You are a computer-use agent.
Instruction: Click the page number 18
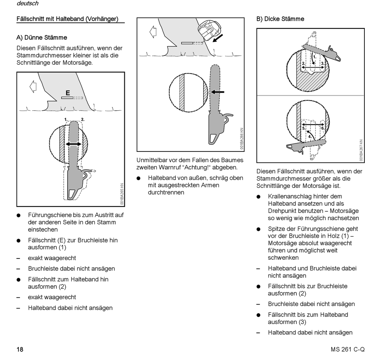point(20,350)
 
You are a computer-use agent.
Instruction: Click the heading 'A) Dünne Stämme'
point(42,38)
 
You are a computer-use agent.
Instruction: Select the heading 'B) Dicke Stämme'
point(280,19)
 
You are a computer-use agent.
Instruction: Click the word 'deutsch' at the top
point(28,4)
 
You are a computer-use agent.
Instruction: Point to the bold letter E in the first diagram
point(68,93)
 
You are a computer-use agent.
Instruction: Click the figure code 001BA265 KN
point(122,193)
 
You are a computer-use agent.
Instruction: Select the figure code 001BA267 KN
point(360,150)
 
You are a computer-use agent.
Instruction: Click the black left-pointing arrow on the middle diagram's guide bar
point(218,92)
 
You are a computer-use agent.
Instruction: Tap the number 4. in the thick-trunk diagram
point(310,136)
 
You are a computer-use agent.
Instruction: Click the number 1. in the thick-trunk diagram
point(314,57)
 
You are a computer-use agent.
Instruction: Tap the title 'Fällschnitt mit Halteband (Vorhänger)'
point(67,19)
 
